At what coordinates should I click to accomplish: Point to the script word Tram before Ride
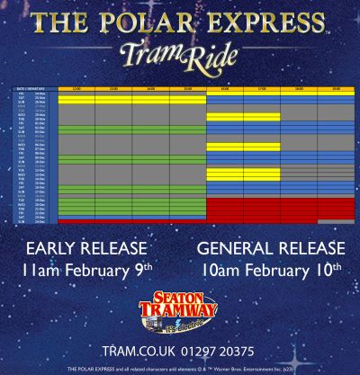click(x=151, y=56)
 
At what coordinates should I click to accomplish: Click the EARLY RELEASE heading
click(x=86, y=247)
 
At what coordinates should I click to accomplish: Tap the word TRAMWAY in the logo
click(x=180, y=309)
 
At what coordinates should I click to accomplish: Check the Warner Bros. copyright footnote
click(x=180, y=369)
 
